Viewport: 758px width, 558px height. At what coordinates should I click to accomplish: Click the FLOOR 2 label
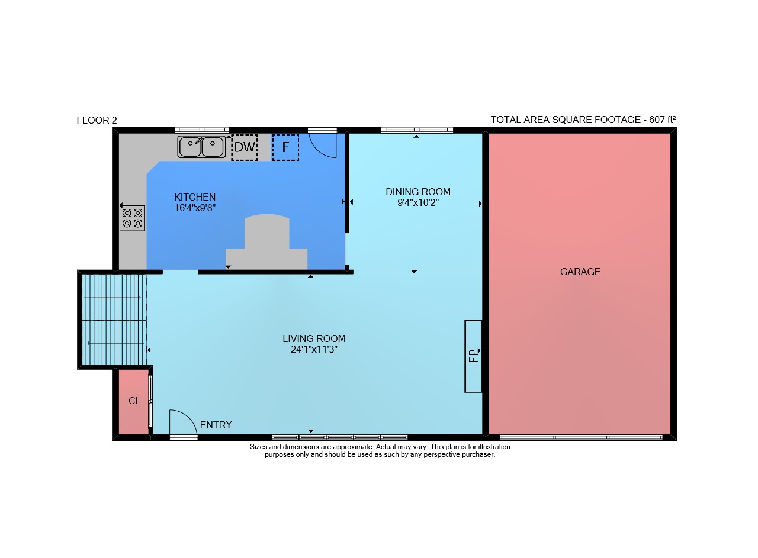click(97, 120)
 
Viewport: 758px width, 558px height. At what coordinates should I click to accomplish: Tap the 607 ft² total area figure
click(662, 120)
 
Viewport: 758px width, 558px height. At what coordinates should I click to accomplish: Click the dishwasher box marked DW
click(245, 147)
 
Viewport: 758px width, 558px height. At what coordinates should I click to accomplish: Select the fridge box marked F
click(285, 147)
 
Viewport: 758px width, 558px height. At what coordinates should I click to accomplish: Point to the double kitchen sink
click(202, 147)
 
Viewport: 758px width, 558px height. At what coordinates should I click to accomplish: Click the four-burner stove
click(132, 218)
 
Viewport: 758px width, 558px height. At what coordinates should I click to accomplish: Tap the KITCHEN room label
click(195, 197)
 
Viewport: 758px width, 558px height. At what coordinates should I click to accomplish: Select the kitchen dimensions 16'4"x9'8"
click(195, 208)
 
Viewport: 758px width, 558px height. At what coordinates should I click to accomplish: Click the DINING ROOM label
click(418, 192)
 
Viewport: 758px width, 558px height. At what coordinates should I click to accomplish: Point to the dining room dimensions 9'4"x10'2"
click(418, 202)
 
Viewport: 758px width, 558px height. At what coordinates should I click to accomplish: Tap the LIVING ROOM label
click(314, 338)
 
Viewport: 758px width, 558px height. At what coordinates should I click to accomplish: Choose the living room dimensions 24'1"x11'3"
click(314, 349)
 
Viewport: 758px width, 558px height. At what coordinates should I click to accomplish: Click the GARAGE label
click(580, 272)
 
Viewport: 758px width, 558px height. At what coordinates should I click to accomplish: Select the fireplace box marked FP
click(473, 356)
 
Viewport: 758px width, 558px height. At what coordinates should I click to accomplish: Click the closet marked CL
click(134, 401)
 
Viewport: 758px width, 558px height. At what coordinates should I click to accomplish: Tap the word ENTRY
click(216, 425)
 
